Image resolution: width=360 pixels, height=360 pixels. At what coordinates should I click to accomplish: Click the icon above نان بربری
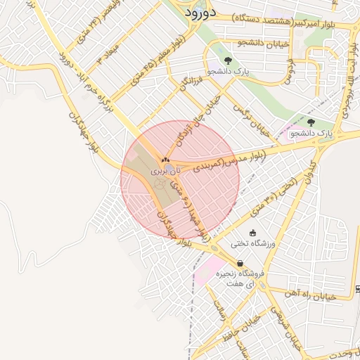(x=166, y=160)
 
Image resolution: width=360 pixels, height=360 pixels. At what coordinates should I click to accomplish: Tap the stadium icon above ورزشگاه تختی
(x=253, y=233)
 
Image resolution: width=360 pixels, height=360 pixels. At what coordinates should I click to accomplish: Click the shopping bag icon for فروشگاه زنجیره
(x=240, y=263)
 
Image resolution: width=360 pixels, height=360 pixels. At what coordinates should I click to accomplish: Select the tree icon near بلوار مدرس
(x=311, y=122)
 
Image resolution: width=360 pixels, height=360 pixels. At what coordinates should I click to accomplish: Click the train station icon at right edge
(x=357, y=289)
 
